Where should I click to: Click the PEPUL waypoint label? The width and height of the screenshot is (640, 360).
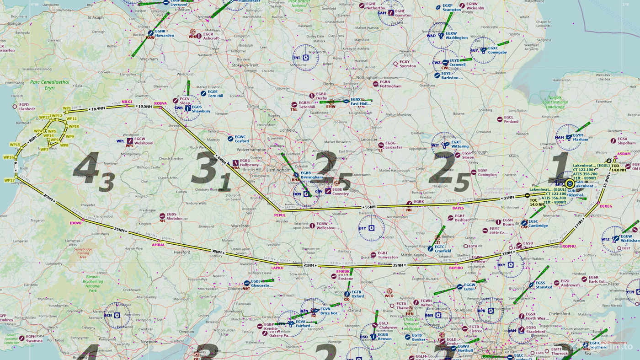point(280,215)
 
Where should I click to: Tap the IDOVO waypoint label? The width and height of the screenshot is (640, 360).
point(75,223)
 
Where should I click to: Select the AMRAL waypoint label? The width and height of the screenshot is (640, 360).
point(158,245)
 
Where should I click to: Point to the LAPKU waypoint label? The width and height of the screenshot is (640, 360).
point(277,268)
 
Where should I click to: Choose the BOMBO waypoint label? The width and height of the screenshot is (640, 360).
point(456,268)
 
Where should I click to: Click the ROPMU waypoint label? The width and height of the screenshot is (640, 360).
point(569,247)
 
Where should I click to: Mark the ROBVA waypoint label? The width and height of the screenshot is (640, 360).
point(160,103)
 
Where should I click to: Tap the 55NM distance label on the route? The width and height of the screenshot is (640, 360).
point(369,207)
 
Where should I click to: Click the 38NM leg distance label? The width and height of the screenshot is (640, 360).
point(216,252)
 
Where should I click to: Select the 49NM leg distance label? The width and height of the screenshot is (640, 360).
point(221,160)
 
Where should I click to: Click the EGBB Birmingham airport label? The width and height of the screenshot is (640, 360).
point(312,175)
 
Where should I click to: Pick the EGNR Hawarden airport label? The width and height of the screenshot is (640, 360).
point(164,33)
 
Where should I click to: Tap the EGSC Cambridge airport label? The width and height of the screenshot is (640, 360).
point(538,224)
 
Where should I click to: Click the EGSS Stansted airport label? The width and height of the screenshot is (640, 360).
point(544,285)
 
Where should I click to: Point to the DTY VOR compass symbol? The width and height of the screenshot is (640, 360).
point(371,227)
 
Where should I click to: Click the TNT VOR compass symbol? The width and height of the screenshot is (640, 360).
point(305,58)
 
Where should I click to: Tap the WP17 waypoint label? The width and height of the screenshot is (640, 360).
point(9,180)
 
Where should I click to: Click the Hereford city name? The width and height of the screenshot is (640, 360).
point(182,252)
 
